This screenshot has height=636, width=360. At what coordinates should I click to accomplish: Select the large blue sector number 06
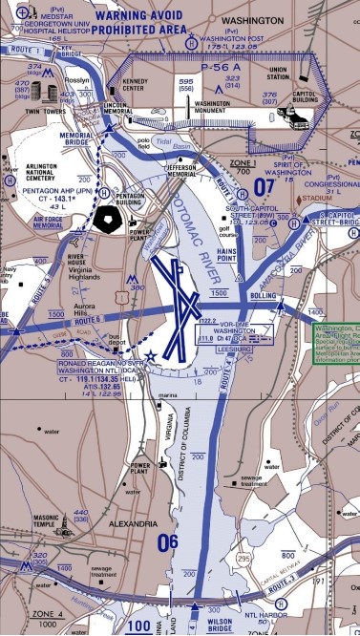[x=168, y=541]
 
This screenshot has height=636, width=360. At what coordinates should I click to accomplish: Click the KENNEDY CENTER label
[x=136, y=85]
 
